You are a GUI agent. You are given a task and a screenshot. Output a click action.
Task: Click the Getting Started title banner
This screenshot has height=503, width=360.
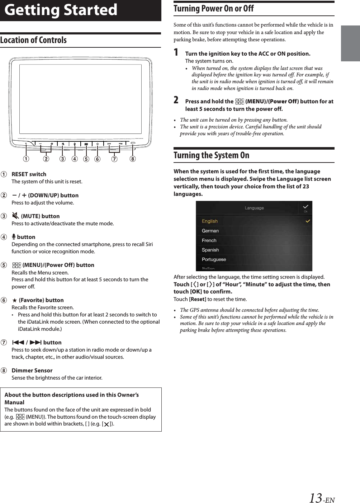click(61, 10)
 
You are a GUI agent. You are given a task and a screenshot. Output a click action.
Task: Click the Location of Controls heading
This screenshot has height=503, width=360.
click(33, 40)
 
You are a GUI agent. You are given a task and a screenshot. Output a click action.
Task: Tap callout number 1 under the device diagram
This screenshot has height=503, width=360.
click(26, 159)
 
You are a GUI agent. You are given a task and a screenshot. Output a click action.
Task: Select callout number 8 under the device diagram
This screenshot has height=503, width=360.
click(133, 159)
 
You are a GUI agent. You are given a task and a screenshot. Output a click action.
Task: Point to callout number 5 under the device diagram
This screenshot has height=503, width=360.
click(86, 159)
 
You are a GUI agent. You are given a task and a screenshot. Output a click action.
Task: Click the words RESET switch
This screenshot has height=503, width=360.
click(29, 174)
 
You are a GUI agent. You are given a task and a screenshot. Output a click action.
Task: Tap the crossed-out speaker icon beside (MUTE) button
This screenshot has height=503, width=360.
click(15, 216)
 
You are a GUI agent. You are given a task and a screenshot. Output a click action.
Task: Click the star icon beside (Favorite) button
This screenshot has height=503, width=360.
click(15, 300)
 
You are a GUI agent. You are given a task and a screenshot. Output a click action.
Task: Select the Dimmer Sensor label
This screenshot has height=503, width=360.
click(32, 371)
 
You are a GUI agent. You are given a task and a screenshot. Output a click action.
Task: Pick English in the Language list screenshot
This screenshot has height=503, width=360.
click(210, 221)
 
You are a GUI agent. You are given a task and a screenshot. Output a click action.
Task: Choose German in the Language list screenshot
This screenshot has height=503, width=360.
click(210, 231)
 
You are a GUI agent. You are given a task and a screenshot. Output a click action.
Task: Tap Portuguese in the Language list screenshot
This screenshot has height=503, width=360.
click(214, 259)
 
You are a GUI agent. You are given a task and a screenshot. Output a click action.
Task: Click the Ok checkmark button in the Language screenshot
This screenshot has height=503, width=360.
click(305, 208)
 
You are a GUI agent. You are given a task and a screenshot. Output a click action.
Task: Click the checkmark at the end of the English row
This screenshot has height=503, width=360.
click(308, 221)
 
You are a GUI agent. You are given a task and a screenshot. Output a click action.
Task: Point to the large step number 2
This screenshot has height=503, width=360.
click(176, 100)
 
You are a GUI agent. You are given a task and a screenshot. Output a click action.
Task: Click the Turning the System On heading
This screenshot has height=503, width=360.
click(211, 155)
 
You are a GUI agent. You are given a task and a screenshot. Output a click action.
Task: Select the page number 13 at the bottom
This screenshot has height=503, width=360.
click(316, 498)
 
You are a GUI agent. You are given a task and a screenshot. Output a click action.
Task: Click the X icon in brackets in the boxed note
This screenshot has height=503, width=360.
click(106, 424)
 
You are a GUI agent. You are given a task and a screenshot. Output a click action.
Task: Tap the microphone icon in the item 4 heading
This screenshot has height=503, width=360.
click(14, 237)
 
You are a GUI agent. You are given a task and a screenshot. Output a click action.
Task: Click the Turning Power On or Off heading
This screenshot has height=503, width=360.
click(213, 9)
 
